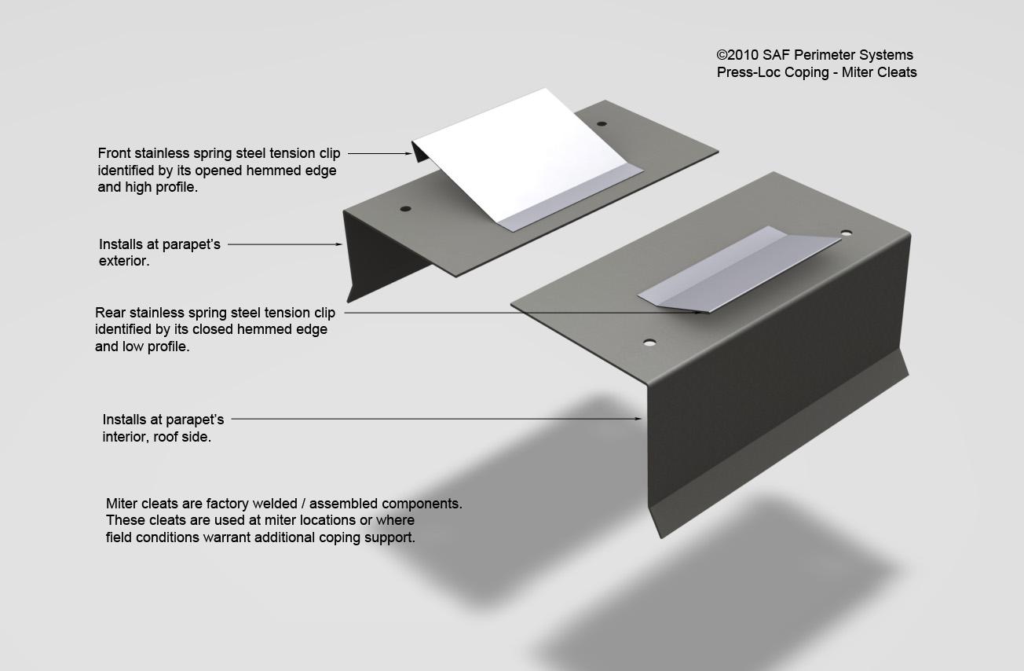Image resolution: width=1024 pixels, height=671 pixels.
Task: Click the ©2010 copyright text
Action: point(737,55)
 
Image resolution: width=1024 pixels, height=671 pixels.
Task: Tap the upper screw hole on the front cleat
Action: point(602,123)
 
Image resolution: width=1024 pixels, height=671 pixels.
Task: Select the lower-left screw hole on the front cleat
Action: point(405,209)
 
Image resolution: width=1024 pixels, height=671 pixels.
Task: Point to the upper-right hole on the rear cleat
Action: point(847,233)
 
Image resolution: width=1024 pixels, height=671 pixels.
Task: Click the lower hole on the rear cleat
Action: point(649,342)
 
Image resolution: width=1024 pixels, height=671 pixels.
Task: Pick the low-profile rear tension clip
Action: point(739,269)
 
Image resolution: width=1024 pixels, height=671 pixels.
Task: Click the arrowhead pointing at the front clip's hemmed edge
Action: point(408,154)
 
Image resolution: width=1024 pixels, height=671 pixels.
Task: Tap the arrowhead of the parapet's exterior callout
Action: point(338,244)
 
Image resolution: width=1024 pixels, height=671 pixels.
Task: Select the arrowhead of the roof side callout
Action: point(637,419)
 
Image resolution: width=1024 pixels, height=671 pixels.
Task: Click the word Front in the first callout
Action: point(114,153)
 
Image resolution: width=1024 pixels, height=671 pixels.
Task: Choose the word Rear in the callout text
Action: point(110,313)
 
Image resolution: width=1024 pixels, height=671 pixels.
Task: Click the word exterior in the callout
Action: point(124,261)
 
